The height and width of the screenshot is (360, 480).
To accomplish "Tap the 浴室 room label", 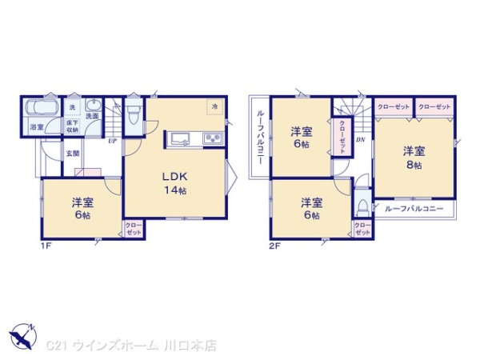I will tap(37, 127).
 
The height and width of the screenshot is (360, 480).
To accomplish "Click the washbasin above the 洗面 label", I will tap(92, 105).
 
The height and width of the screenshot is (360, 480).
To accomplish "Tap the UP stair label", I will tap(113, 141).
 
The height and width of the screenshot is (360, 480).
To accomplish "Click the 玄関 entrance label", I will tap(72, 153).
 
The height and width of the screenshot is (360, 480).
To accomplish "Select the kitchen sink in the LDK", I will tap(181, 139).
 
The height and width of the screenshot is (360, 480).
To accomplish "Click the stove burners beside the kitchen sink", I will tap(213, 139).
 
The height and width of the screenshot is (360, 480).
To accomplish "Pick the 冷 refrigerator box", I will tap(214, 106).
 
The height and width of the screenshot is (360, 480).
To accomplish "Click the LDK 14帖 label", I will tap(175, 183).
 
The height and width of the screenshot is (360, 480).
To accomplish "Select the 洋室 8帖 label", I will tap(413, 157).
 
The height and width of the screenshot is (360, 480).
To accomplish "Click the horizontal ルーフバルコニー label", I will tap(414, 210).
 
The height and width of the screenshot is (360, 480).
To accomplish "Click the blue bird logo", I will tap(24, 337).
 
